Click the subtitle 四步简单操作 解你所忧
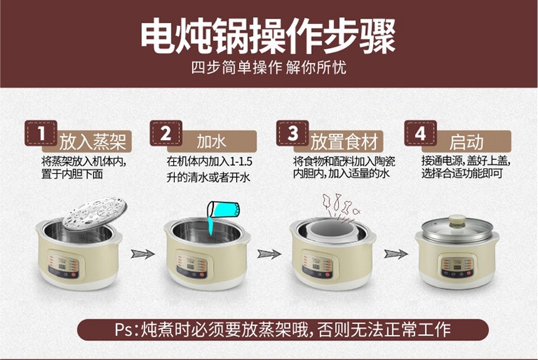pos(269,67)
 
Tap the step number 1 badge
pos(41,133)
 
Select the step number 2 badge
pos(166,133)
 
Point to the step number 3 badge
pos(293,133)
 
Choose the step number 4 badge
pos(420,133)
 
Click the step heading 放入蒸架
pos(93,142)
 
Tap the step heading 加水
pos(212,142)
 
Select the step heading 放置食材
pos(344,142)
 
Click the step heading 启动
pos(466,142)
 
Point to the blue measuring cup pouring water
pos(223,209)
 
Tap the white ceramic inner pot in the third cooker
pos(332,232)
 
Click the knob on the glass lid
pos(458,220)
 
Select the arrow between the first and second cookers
pos(143,254)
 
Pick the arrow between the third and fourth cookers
pos(396,254)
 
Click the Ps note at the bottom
pos(283,329)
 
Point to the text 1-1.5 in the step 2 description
pos(241,161)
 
